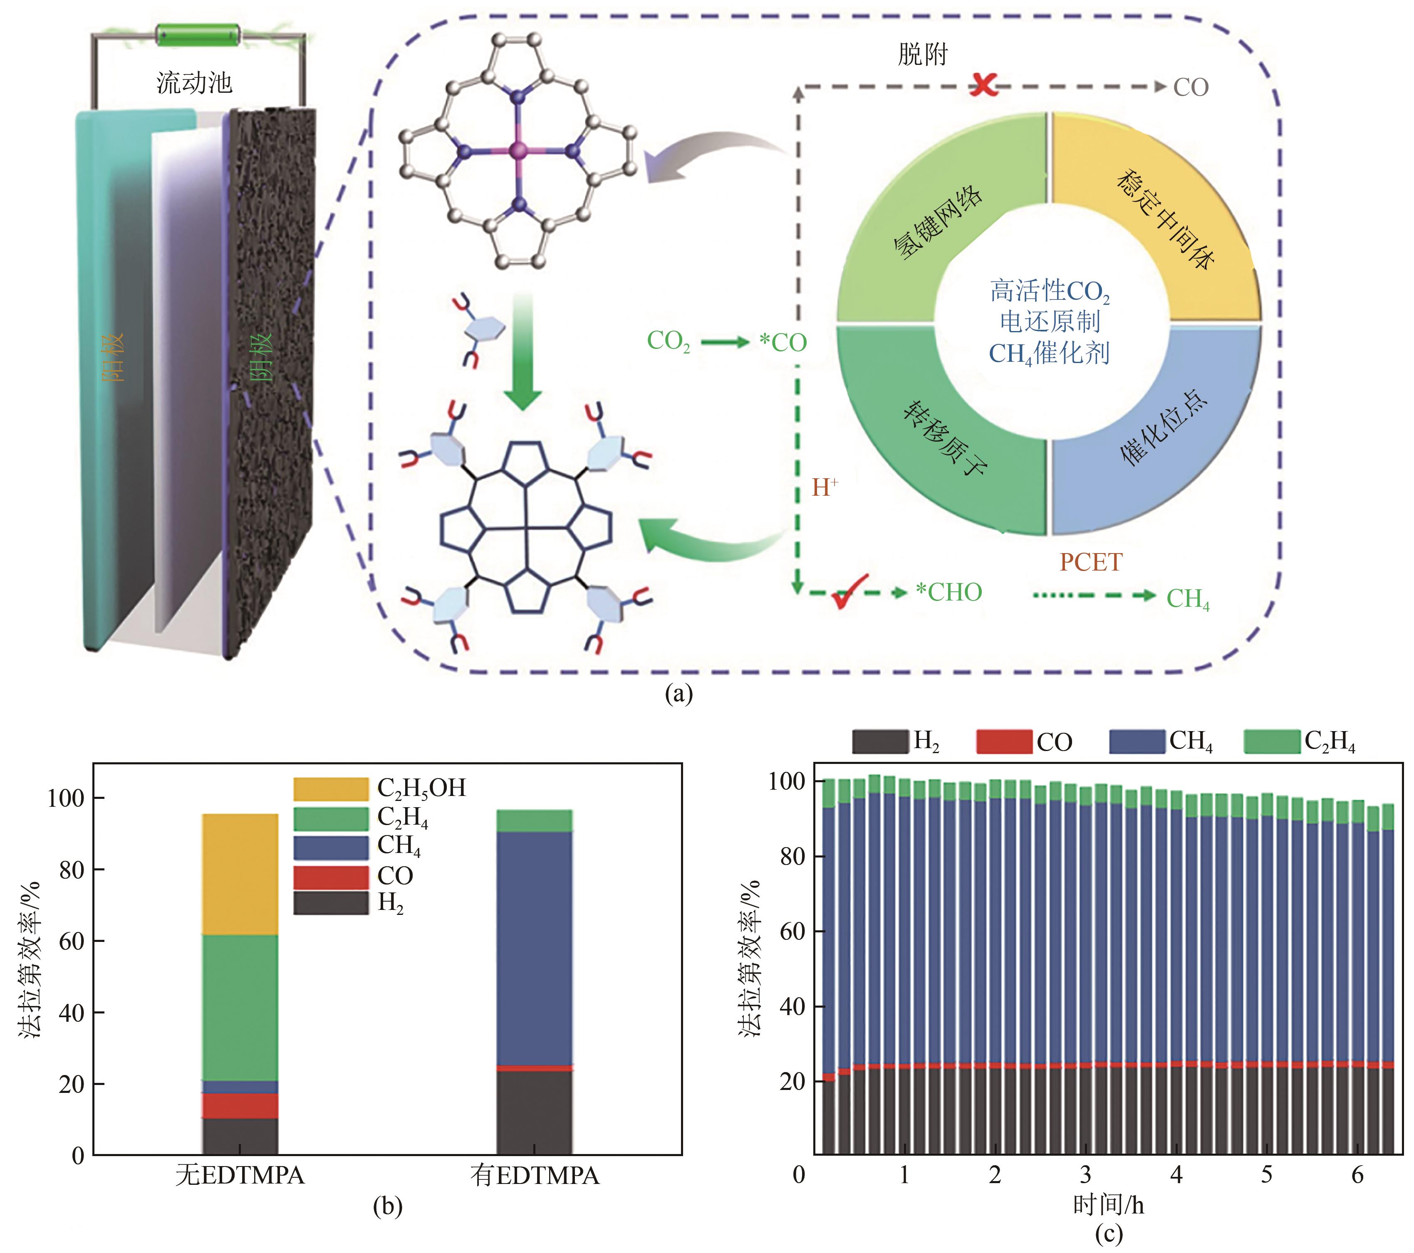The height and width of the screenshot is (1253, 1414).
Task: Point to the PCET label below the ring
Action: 1091,562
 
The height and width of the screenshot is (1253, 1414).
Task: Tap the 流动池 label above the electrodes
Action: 194,83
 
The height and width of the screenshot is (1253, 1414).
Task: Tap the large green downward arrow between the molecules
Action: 523,353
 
